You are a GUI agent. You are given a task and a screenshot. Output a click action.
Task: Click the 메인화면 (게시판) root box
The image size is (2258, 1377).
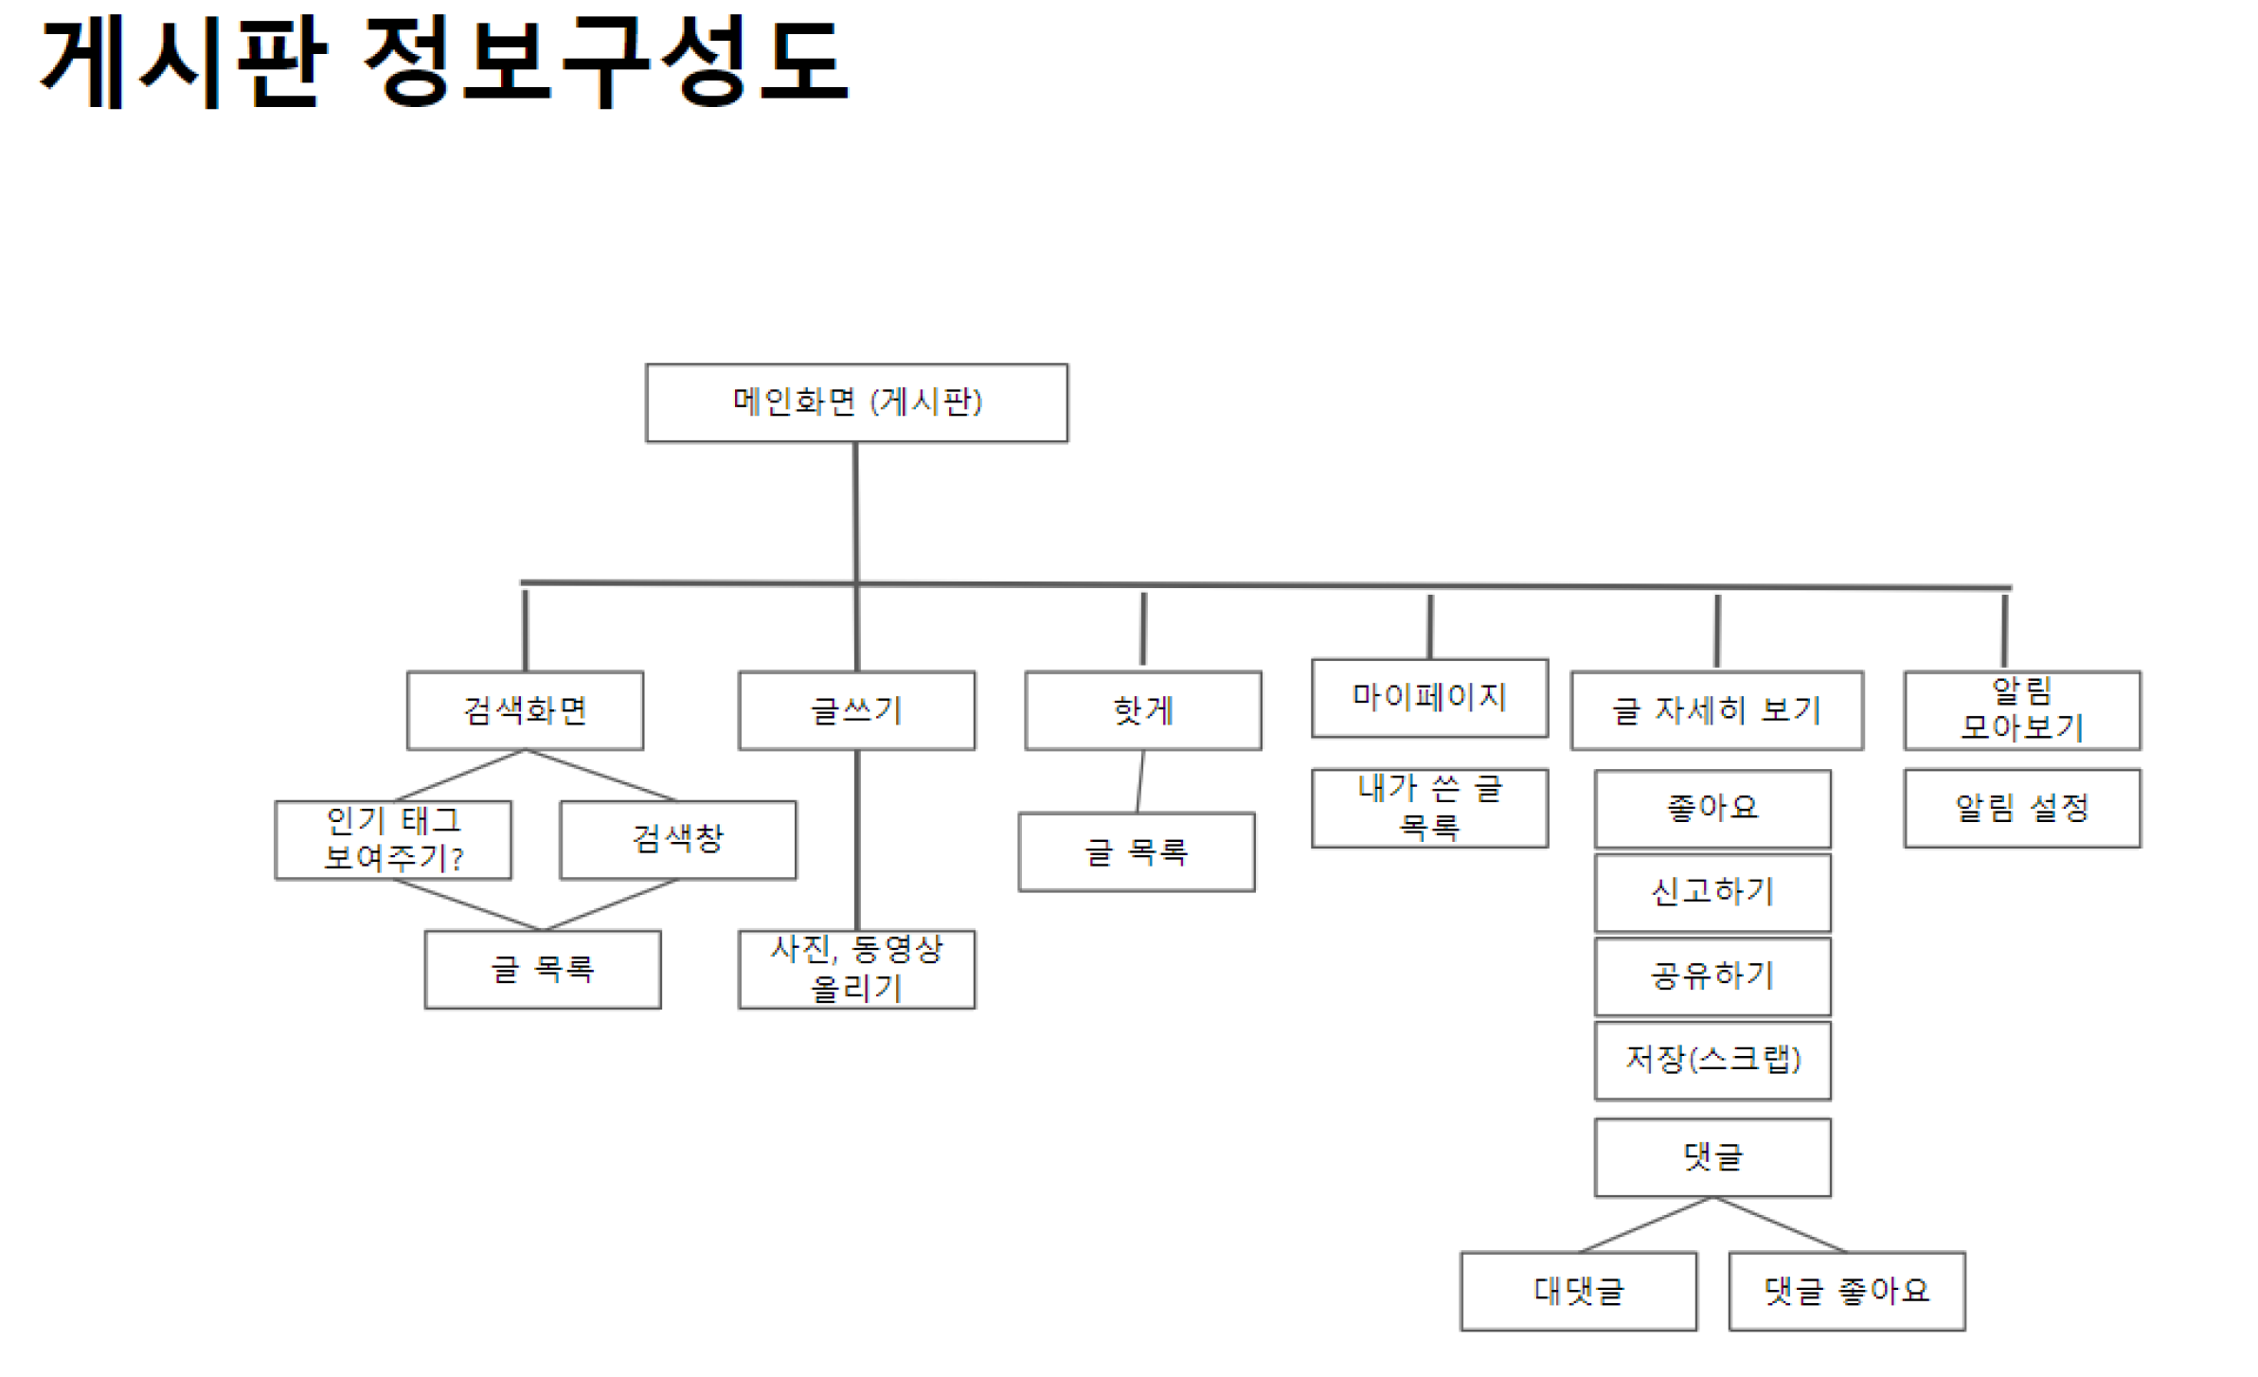tap(855, 402)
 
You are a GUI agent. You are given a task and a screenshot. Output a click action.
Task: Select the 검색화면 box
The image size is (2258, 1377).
tap(525, 710)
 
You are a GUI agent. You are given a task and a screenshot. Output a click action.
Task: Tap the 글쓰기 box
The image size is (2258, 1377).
tap(856, 710)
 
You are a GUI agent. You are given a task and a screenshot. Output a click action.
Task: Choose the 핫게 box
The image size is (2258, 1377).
tap(1142, 710)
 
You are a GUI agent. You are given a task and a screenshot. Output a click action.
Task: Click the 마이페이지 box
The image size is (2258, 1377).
tap(1428, 697)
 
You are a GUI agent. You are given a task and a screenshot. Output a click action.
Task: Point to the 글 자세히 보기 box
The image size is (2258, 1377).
tap(1715, 710)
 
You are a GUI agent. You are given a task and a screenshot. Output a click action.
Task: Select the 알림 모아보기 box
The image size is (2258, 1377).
tap(2021, 710)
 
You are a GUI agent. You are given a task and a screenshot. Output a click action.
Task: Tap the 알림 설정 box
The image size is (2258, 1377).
tap(2021, 808)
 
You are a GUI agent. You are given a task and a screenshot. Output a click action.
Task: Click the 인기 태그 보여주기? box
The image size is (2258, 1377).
tap(393, 839)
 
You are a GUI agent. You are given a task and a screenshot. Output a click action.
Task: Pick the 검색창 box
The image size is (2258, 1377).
tap(677, 839)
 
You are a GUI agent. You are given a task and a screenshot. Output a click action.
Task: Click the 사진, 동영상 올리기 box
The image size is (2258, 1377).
tap(856, 969)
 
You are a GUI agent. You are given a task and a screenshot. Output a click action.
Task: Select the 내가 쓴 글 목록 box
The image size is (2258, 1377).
tap(1428, 808)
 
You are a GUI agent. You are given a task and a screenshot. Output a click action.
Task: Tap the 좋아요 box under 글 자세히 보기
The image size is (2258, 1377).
tap(1711, 808)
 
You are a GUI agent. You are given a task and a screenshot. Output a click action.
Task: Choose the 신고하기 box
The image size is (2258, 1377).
tap(1711, 892)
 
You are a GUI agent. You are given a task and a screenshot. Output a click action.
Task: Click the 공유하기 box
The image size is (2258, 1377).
tap(1711, 975)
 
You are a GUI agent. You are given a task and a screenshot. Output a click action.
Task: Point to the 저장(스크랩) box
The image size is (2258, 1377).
tap(1711, 1060)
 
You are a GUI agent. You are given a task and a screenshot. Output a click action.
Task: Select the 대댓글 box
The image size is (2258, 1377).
tap(1578, 1291)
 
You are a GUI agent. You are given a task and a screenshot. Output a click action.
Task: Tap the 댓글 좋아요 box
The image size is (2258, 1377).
tap(1846, 1291)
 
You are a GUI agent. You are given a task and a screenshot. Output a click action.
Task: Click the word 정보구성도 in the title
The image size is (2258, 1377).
tap(606, 62)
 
